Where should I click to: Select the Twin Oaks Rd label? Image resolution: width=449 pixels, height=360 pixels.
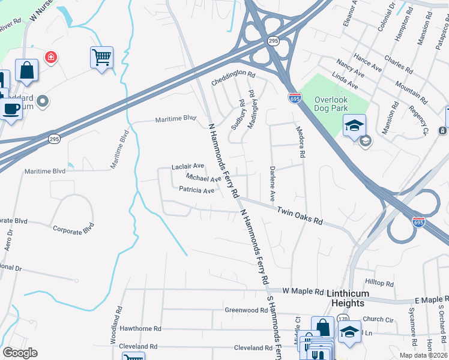click(x=300, y=216)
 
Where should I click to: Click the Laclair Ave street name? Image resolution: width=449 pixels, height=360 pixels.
click(x=188, y=166)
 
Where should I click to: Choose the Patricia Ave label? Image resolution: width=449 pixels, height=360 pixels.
click(x=196, y=191)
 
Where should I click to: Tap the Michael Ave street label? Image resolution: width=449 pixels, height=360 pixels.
click(x=203, y=178)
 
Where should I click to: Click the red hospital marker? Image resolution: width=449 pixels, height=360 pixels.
click(x=51, y=57)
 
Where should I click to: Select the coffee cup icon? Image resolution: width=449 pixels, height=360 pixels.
click(x=10, y=109)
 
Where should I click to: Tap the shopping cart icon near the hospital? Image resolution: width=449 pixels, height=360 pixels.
click(x=102, y=58)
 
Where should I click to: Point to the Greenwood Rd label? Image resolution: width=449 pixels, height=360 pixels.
click(x=246, y=310)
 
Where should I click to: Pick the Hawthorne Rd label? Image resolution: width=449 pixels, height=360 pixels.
click(x=140, y=329)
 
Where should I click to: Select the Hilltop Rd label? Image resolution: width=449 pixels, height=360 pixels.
click(x=379, y=283)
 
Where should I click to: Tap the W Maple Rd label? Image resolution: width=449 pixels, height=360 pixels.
click(x=303, y=290)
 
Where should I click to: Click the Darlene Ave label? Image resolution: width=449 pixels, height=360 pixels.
click(x=272, y=184)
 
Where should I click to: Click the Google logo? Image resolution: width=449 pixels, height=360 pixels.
click(x=20, y=353)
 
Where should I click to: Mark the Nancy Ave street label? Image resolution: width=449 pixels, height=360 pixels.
click(x=350, y=68)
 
